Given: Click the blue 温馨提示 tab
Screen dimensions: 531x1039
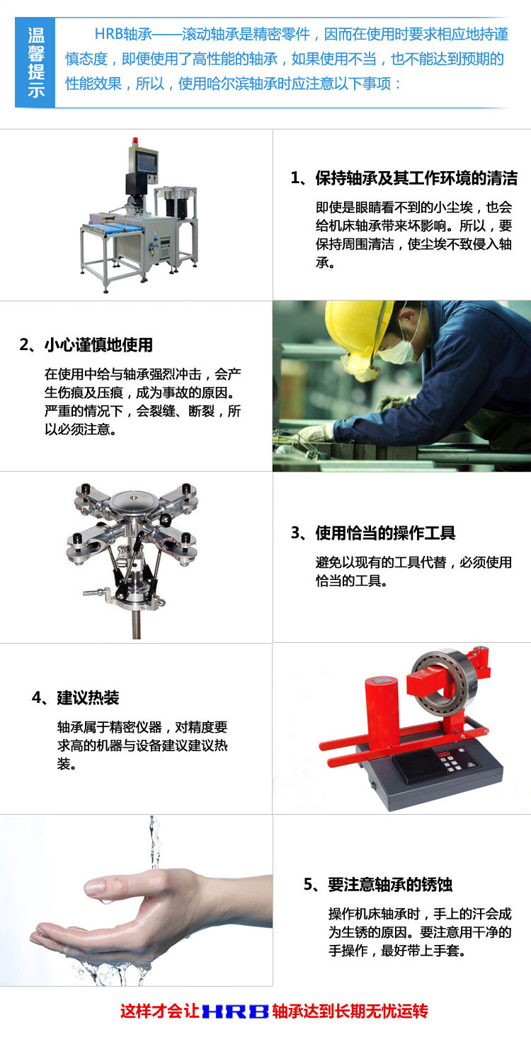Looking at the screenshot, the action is coord(35,63).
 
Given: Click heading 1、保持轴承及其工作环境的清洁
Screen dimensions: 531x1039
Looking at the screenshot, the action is coord(404,178).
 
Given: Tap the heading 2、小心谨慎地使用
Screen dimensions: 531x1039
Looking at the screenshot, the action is coord(86,344).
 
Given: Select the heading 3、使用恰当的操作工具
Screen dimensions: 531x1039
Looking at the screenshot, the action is coord(372,533).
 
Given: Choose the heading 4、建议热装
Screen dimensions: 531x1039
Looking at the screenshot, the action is coord(75,697).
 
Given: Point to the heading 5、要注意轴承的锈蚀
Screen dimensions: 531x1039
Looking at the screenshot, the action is coord(378,885).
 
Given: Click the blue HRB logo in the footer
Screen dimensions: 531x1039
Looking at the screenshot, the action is coord(236,1011).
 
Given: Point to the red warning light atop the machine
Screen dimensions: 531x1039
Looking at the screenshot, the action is coord(135,140).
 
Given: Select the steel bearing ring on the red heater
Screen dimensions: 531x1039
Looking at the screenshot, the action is coord(445,681).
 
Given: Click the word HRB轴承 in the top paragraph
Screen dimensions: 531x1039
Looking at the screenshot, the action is coord(123,34).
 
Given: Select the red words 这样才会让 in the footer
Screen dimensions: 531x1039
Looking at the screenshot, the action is coord(160,1011).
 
